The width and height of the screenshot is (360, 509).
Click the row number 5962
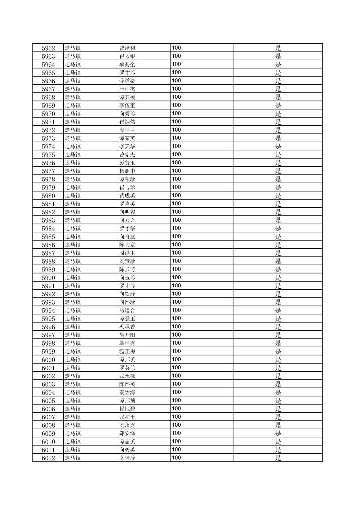click(48, 48)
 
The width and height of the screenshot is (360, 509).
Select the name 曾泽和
click(127, 48)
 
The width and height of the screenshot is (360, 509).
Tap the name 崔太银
click(127, 56)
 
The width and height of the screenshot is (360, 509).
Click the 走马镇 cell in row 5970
click(73, 114)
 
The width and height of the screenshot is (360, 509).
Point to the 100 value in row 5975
click(176, 154)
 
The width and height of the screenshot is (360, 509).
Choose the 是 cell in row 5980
click(278, 196)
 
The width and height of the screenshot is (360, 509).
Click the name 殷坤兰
click(127, 130)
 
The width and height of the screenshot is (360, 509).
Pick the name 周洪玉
click(127, 253)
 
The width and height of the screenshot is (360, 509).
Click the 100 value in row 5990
click(176, 277)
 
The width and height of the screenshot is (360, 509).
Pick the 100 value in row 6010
click(176, 441)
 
